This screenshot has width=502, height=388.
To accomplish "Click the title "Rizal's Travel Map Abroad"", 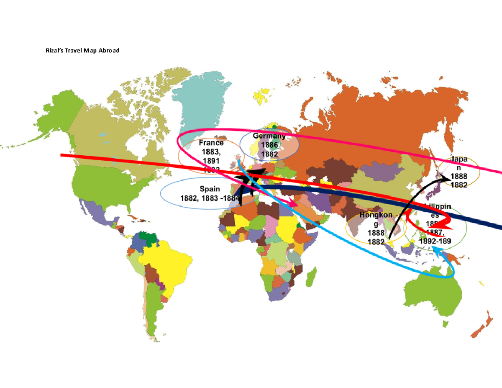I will click(x=82, y=51).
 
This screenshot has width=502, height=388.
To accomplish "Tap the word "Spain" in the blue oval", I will click(x=210, y=189).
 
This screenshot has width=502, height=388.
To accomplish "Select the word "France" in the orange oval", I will click(x=211, y=143).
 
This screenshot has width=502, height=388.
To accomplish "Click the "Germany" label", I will click(x=269, y=136).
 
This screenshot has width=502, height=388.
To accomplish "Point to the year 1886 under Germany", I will click(x=269, y=145).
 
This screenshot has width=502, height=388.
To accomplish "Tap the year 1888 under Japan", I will click(x=459, y=177).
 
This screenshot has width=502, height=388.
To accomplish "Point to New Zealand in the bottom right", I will click(x=481, y=326).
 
